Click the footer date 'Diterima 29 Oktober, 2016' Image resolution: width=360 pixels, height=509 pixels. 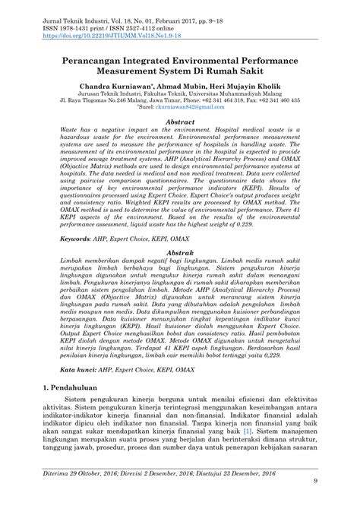[86, 495]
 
